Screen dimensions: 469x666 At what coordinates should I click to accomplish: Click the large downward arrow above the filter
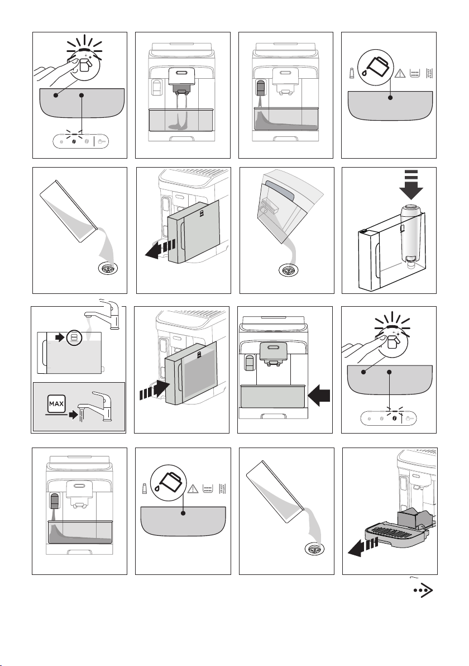411,185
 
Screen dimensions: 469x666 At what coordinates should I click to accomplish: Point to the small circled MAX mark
74,337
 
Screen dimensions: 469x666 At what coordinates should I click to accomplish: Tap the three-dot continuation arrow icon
423,591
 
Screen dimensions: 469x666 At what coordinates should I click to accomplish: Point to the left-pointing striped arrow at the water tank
160,249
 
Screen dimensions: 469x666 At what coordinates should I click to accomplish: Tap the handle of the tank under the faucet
42,353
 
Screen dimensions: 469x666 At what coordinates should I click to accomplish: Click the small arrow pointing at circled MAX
60,337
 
